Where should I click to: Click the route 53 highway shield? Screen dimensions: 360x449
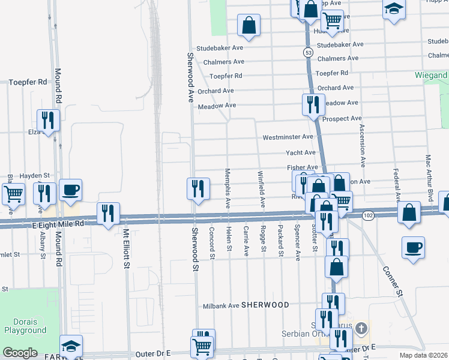pos(308,53)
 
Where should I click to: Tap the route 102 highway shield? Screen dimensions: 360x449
pos(368,215)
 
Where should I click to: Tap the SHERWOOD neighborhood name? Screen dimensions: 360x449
pos(265,305)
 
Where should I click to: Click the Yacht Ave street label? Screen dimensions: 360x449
pos(300,153)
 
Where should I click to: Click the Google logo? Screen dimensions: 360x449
pos(20,352)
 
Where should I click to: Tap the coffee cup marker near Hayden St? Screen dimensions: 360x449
pos(71,189)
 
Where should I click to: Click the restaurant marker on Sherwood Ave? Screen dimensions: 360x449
pos(198,188)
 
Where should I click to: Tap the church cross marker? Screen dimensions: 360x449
pos(361,328)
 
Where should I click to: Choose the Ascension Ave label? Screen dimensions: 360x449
pos(363,145)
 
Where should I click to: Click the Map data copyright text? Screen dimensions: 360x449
pos(426,355)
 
